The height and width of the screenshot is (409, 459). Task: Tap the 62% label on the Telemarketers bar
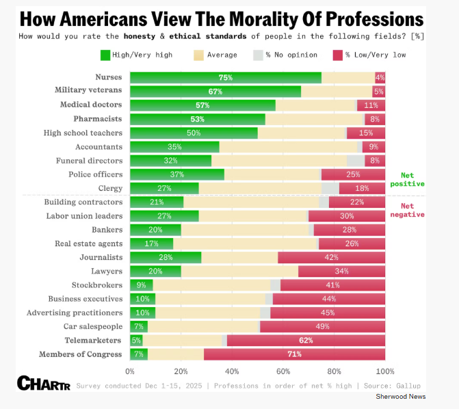click(x=306, y=340)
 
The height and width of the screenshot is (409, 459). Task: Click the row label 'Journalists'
click(x=101, y=257)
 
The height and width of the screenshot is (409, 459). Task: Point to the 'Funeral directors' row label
click(x=89, y=160)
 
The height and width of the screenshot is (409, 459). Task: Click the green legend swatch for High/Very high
click(x=105, y=55)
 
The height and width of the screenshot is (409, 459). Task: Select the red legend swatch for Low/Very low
click(x=337, y=55)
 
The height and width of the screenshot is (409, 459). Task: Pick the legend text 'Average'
click(x=223, y=55)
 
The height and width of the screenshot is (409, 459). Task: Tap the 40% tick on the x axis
click(x=232, y=371)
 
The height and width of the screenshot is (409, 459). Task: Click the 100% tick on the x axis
click(x=385, y=371)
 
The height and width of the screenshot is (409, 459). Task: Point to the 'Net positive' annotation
click(x=408, y=179)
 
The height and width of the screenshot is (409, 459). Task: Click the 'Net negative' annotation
click(x=408, y=210)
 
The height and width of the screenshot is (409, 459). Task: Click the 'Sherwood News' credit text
click(x=400, y=397)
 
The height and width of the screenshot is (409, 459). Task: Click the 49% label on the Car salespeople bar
click(x=323, y=326)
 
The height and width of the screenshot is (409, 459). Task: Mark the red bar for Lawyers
click(x=341, y=271)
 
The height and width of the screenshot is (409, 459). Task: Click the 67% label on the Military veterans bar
click(x=215, y=91)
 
